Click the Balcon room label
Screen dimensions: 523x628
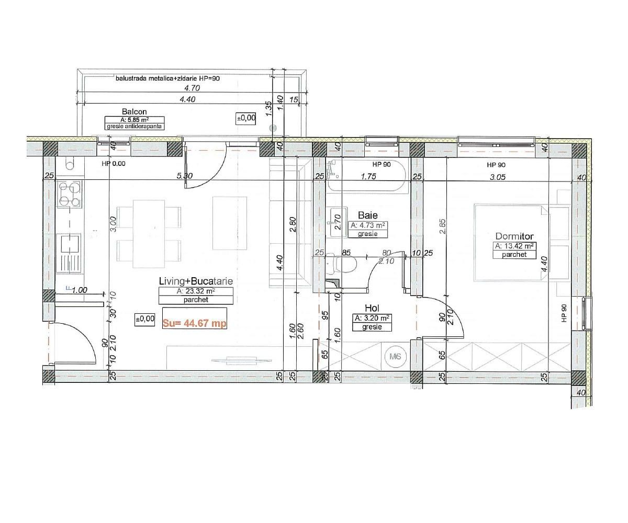134,111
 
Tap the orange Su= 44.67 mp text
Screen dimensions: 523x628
194,323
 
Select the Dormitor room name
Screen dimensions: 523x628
514,236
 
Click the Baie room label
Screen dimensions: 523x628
367,215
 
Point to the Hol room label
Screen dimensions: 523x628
373,308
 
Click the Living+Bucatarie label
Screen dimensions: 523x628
196,281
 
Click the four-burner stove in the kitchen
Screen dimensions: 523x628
70,195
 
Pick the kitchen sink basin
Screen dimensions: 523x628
70,244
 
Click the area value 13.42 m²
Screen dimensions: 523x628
514,246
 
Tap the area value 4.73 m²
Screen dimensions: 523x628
367,225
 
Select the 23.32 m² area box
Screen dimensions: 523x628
196,291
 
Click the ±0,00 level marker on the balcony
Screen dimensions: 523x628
246,118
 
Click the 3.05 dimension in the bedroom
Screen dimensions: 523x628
497,177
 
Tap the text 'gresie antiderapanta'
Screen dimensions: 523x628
135,127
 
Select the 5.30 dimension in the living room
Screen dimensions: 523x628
184,176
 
